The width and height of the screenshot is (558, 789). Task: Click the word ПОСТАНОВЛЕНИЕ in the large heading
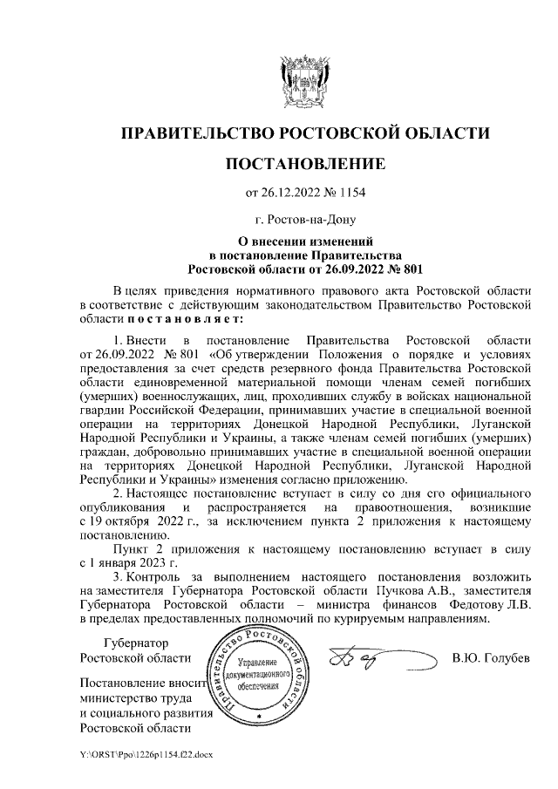click(x=305, y=165)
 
